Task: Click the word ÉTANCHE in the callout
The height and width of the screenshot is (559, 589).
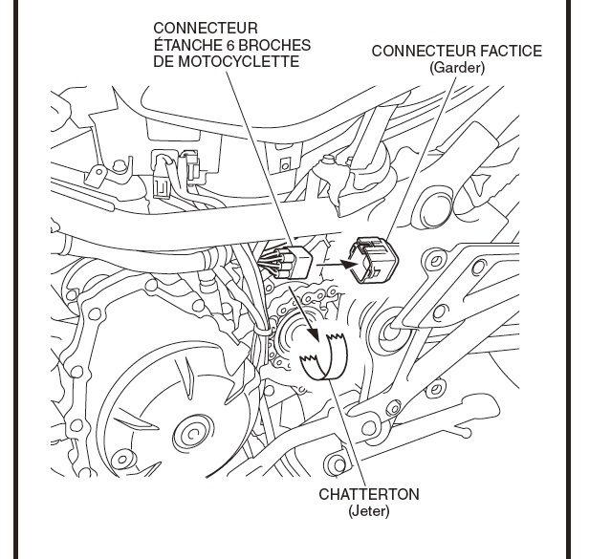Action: pyautogui.click(x=182, y=44)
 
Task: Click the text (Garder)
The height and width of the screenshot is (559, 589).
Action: pyautogui.click(x=457, y=67)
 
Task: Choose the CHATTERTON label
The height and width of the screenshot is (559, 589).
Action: pyautogui.click(x=369, y=495)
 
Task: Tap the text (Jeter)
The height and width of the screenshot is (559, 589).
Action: pyautogui.click(x=369, y=511)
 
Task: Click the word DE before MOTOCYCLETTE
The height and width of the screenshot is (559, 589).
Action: pyautogui.click(x=164, y=62)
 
